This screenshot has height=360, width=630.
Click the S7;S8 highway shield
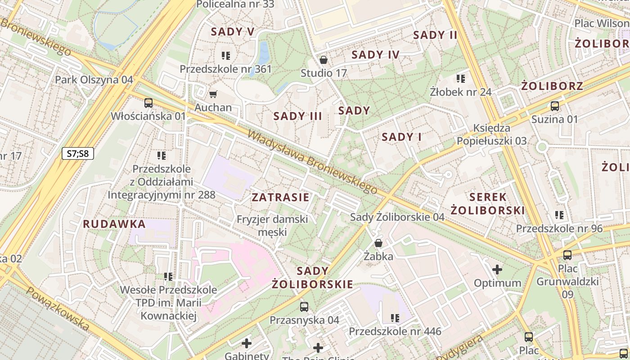(x=78, y=153)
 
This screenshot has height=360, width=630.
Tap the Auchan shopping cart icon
(x=213, y=94)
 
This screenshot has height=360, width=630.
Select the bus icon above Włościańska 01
(x=148, y=103)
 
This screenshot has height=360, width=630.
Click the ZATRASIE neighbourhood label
(x=280, y=197)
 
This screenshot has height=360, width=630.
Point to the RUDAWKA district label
(x=114, y=224)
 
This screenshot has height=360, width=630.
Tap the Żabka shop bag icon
(x=378, y=243)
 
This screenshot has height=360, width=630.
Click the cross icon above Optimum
(x=497, y=270)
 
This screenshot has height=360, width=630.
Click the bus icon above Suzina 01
(x=555, y=106)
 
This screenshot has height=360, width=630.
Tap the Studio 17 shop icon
(x=323, y=60)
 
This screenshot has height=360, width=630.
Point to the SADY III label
(x=298, y=116)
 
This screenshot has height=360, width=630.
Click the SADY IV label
(x=375, y=55)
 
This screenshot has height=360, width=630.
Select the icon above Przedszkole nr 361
(x=226, y=56)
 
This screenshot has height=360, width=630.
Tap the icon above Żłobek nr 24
(x=460, y=79)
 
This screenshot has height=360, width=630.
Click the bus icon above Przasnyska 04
(x=304, y=307)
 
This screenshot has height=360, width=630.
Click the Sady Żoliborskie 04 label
(x=397, y=217)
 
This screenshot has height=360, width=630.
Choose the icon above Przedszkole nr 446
(x=395, y=318)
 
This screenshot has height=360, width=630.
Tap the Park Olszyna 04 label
(x=94, y=80)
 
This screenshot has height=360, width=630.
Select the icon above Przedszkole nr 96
(x=559, y=215)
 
